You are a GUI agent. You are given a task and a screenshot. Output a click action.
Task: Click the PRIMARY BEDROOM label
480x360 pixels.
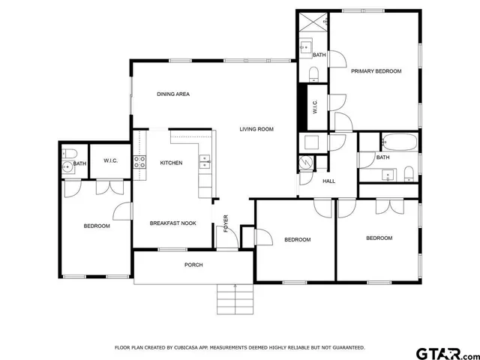pyautogui.click(x=376, y=71)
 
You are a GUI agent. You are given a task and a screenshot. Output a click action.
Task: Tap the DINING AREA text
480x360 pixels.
pyautogui.click(x=172, y=94)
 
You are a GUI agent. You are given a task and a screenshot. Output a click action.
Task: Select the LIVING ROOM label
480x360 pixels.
pyautogui.click(x=256, y=129)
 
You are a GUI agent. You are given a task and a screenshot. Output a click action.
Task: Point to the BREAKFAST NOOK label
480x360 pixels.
pyautogui.click(x=173, y=223)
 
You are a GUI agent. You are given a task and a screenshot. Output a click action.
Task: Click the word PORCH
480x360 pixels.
pyautogui.click(x=193, y=265)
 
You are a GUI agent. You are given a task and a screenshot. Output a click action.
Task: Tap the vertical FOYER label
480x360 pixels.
pyautogui.click(x=226, y=223)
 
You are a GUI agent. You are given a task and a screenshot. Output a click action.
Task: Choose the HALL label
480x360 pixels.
pyautogui.click(x=328, y=181)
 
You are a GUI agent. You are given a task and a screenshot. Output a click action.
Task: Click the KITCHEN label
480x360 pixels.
pyautogui.click(x=172, y=163)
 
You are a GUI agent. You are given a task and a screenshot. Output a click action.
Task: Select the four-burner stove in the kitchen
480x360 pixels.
pyautogui.click(x=139, y=160)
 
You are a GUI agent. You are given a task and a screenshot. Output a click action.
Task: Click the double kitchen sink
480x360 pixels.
pyautogui.click(x=204, y=159)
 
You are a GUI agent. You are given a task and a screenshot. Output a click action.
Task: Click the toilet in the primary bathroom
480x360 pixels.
pyautogui.click(x=313, y=73)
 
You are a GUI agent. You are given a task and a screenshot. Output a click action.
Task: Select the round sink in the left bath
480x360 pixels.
pyautogui.click(x=67, y=166)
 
